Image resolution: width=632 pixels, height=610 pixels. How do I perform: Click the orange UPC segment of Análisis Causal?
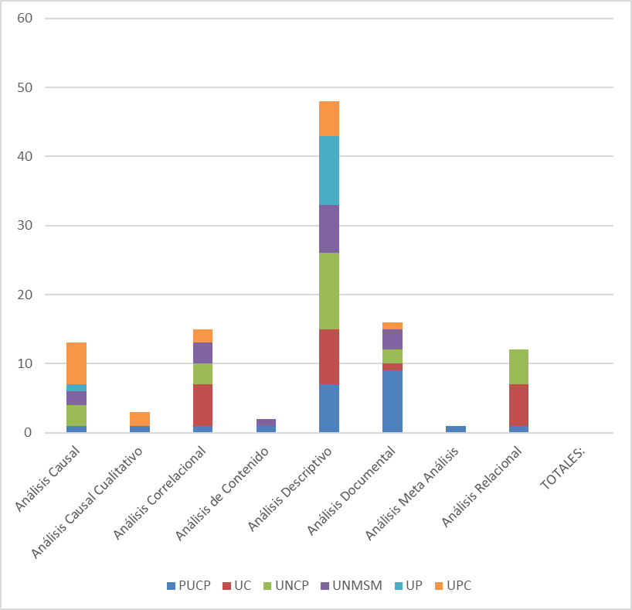click(x=76, y=363)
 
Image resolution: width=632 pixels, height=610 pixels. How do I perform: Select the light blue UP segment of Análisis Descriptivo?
click(x=329, y=170)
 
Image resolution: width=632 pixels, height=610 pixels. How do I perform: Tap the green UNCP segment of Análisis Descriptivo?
click(x=329, y=291)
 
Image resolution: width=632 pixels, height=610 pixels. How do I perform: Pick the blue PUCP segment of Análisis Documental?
click(x=392, y=401)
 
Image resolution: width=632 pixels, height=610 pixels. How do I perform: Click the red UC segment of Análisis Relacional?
click(x=518, y=405)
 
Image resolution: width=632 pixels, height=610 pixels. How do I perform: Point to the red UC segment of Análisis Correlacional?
click(x=202, y=405)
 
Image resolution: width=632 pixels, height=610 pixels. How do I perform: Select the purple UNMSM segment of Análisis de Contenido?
click(x=266, y=422)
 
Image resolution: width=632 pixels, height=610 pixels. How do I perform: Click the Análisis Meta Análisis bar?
click(x=456, y=429)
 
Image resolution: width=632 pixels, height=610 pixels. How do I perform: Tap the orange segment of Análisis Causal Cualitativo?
click(x=140, y=418)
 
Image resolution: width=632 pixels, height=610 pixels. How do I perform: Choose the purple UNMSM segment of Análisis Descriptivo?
click(x=329, y=229)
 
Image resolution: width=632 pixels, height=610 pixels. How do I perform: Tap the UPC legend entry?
click(x=451, y=585)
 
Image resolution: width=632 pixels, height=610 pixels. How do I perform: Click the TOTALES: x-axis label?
click(x=564, y=469)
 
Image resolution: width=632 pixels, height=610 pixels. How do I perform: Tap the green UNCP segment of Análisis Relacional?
click(x=518, y=366)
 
